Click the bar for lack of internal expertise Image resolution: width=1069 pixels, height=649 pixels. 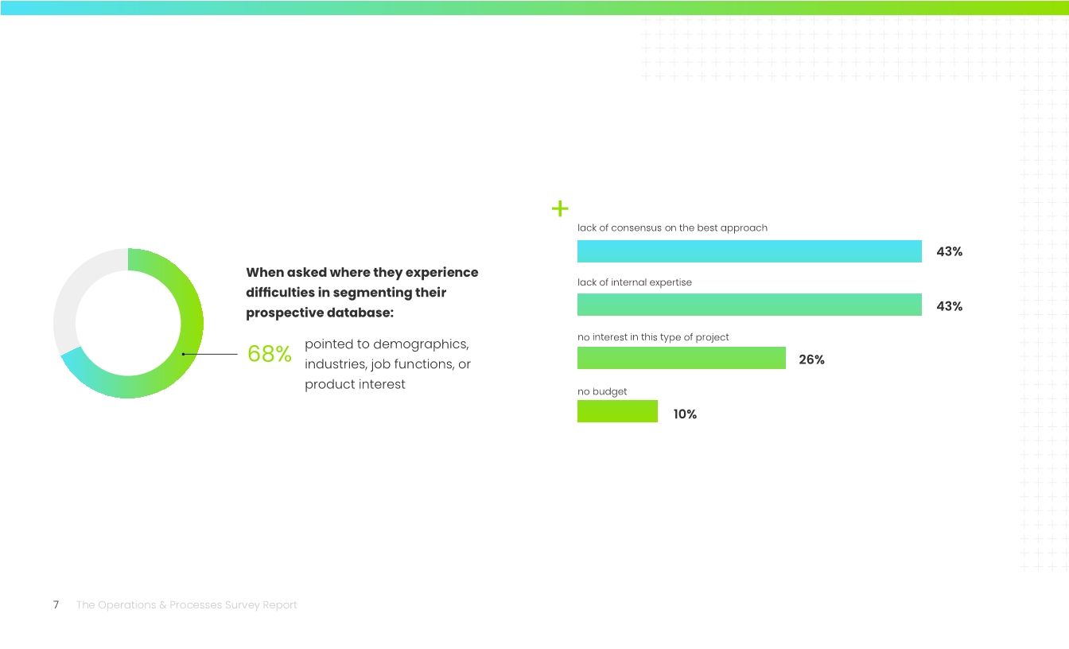tap(749, 305)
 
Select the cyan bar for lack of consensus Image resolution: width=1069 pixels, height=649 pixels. tap(749, 251)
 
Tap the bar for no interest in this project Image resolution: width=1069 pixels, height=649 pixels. tap(682, 358)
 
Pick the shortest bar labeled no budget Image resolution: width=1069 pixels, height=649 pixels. tap(617, 411)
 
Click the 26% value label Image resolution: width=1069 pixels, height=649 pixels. tap(811, 359)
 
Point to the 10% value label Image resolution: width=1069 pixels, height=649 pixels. tap(685, 414)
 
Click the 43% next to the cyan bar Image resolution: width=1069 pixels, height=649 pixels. tap(949, 251)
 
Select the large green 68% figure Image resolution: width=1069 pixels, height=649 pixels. tap(269, 354)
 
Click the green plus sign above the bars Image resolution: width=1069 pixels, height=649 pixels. tap(560, 209)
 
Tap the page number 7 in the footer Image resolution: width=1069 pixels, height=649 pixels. tap(56, 605)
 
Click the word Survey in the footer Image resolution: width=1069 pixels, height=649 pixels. tap(247, 605)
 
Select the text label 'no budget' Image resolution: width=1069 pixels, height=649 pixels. tap(602, 391)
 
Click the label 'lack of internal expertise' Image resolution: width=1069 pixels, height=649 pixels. tap(634, 282)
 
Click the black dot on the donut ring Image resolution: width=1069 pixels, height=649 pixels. tap(184, 354)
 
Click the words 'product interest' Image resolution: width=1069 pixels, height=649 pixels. tap(355, 384)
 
